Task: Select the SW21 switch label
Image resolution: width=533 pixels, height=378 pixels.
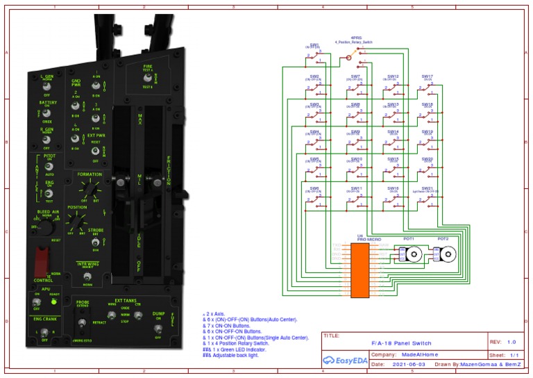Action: point(427,188)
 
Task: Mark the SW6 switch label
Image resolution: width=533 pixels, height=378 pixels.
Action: point(315,188)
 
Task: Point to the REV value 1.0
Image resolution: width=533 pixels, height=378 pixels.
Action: point(511,343)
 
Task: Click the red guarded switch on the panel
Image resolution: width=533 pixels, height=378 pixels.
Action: point(42,263)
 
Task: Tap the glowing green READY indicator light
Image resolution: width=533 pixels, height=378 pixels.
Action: point(53,302)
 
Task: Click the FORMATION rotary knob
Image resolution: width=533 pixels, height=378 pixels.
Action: point(88,187)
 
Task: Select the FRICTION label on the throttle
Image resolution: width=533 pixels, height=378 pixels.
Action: point(169,171)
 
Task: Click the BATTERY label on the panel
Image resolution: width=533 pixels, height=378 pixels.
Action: point(47,102)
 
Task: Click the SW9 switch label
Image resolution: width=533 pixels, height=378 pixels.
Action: point(355,131)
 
